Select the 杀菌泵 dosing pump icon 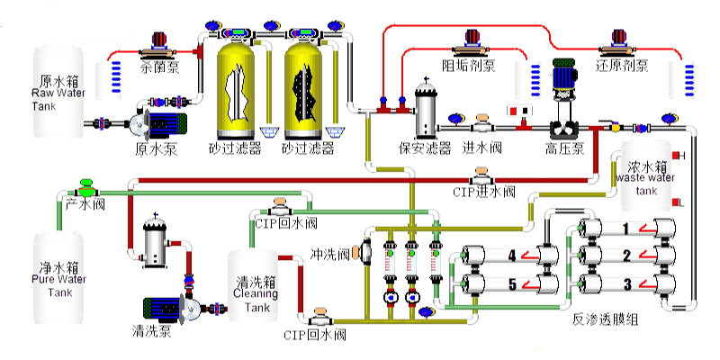pos(159,41)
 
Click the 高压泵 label pos(566,148)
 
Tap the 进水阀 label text pos(481,148)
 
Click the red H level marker pos(679,156)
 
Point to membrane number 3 pos(626,284)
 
